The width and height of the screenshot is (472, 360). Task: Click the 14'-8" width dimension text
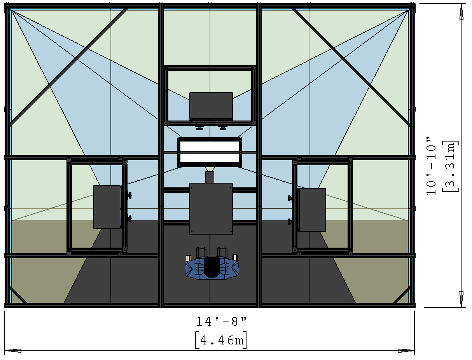point(221,322)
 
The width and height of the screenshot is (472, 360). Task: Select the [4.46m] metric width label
point(221,340)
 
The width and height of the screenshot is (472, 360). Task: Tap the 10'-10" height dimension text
point(431,166)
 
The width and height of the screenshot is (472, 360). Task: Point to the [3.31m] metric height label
point(451,166)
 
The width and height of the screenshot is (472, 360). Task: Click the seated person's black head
point(212,267)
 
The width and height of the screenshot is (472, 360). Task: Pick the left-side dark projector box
point(107,207)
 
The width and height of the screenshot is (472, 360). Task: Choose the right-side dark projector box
point(313,210)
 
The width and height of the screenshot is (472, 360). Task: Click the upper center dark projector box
point(211,105)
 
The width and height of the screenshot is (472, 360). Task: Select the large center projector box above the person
point(211,209)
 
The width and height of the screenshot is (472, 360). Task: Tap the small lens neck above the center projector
point(210,177)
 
